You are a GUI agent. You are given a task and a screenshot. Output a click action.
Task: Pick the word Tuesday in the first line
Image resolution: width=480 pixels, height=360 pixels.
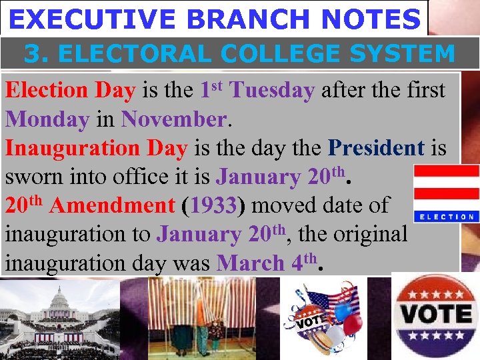[272, 91]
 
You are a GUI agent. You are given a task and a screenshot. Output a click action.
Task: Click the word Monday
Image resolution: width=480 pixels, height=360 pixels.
[47, 119]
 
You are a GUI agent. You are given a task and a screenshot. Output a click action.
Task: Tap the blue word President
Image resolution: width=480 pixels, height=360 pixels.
[376, 148]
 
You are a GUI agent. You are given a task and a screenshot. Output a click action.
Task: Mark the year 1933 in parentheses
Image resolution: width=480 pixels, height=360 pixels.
[213, 205]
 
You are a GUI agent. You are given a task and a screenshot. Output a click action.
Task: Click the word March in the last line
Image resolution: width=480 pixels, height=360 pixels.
[250, 263]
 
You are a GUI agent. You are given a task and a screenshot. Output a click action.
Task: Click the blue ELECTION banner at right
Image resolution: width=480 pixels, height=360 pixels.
[445, 217]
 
